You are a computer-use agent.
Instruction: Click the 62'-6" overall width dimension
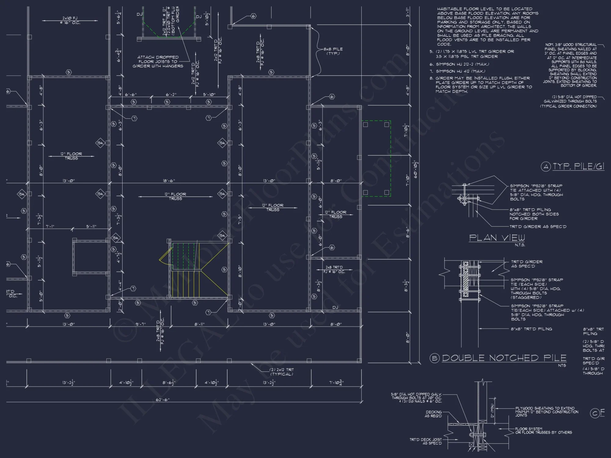pyautogui.click(x=163, y=399)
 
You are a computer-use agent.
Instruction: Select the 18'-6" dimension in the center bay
pyautogui.click(x=169, y=181)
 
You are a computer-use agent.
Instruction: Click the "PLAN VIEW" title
pyautogui.click(x=497, y=238)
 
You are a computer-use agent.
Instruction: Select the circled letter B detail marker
pyautogui.click(x=434, y=358)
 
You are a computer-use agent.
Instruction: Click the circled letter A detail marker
pyautogui.click(x=546, y=167)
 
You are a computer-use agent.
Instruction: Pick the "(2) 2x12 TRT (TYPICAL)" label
pyautogui.click(x=281, y=372)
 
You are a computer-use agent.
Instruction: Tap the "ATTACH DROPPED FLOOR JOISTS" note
pyautogui.click(x=158, y=61)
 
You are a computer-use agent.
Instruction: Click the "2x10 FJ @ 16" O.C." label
pyautogui.click(x=70, y=20)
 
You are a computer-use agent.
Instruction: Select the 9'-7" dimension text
pyautogui.click(x=141, y=324)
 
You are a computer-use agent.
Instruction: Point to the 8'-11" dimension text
pyautogui.click(x=199, y=324)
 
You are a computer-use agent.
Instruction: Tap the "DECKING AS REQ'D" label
pyautogui.click(x=433, y=414)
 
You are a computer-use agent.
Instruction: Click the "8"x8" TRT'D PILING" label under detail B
pyautogui.click(x=531, y=329)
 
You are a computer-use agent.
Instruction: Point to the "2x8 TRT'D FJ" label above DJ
pyautogui.click(x=334, y=269)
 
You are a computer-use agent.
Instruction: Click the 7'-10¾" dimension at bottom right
pyautogui.click(x=336, y=383)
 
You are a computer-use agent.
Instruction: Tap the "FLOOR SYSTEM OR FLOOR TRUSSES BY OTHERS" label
pyautogui.click(x=543, y=431)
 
